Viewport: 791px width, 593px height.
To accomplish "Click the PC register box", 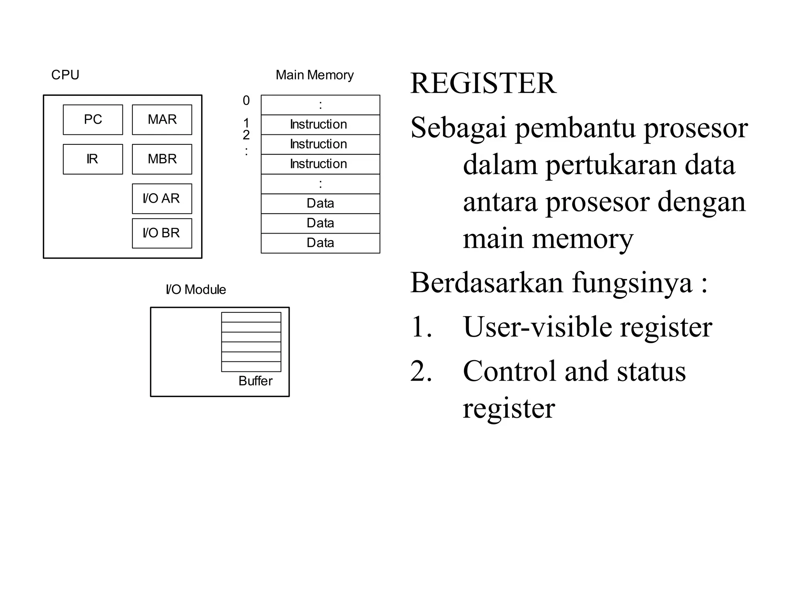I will tap(93, 120).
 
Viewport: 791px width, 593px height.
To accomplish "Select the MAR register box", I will tap(162, 120).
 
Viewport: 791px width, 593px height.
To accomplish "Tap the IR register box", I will tap(93, 159).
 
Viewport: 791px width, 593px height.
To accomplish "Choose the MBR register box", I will tap(162, 159).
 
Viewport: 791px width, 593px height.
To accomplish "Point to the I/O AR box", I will tap(162, 198).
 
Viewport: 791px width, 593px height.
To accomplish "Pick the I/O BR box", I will tap(162, 233).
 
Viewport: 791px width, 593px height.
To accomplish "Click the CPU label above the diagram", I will tap(65, 75).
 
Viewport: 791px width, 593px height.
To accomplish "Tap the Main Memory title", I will tap(314, 75).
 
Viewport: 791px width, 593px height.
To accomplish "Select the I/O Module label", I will tap(195, 290).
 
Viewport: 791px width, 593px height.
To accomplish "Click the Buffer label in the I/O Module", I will tap(255, 381).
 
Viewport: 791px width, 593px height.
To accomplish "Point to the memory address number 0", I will tap(246, 101).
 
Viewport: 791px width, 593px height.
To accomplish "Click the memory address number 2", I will tap(246, 135).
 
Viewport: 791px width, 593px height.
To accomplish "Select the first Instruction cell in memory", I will tap(320, 124).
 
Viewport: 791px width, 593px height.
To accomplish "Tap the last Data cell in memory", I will tap(320, 243).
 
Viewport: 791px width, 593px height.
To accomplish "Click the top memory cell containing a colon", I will tap(320, 105).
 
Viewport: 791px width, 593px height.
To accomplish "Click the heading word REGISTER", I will tap(483, 83).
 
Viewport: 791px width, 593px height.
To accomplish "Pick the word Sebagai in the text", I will tap(458, 128).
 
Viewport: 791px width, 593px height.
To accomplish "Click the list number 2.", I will tap(421, 371).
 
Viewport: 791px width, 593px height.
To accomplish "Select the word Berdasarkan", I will tap(487, 283).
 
